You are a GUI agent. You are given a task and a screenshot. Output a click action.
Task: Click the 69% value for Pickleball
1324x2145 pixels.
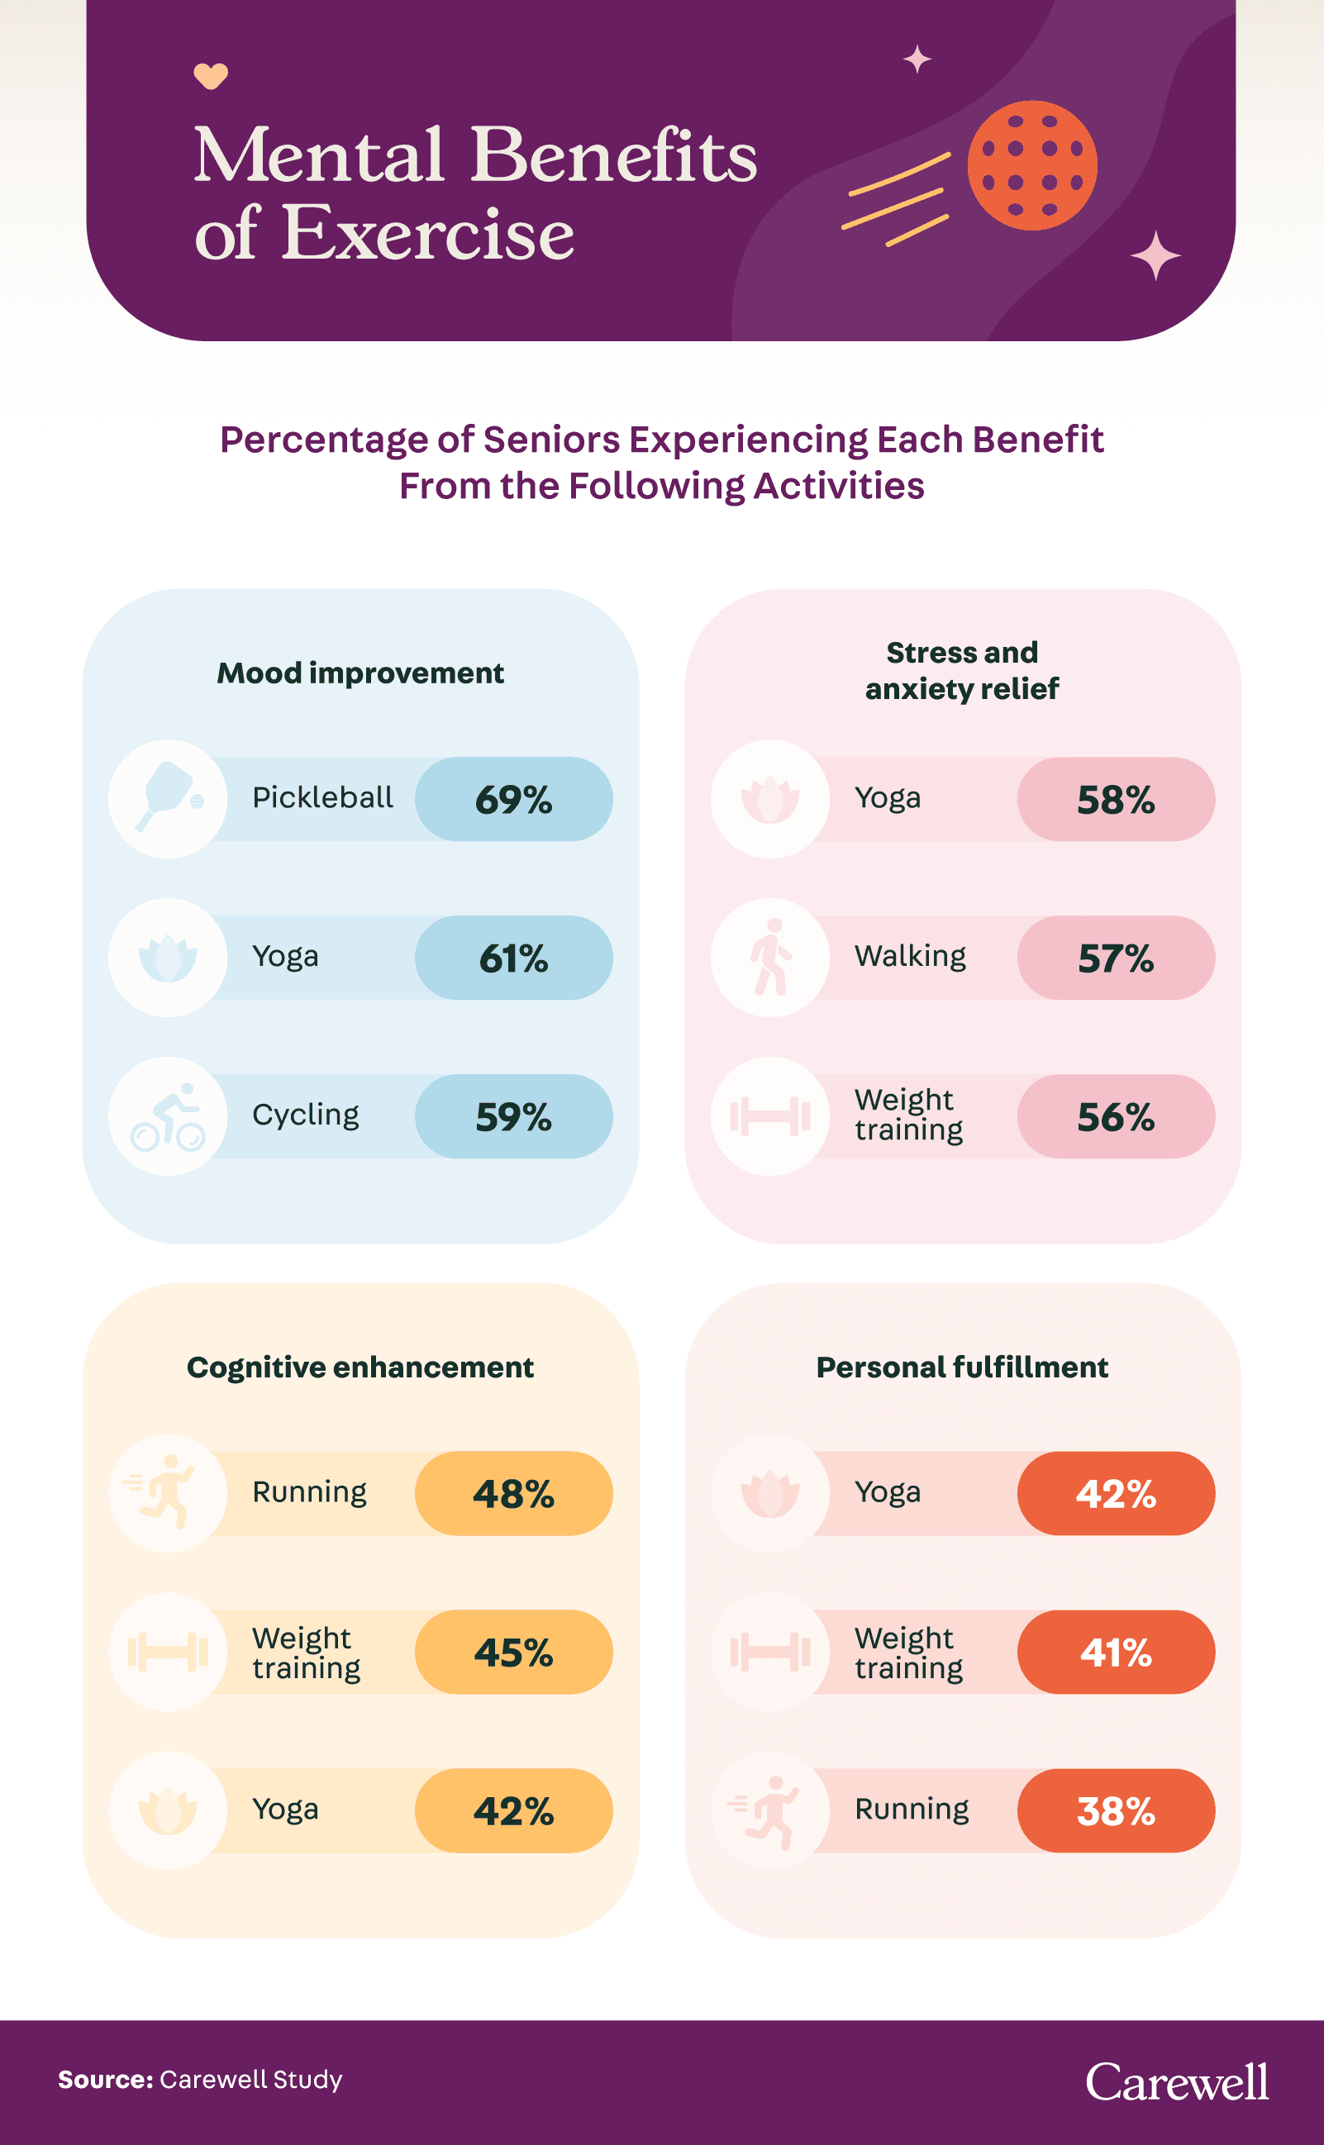(x=513, y=799)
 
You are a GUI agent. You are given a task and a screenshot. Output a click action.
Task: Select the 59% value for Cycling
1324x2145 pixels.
(x=513, y=1116)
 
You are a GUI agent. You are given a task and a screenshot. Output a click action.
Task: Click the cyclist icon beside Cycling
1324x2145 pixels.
(x=167, y=1116)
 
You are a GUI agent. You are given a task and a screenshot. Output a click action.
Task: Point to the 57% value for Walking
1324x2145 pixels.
(x=1116, y=958)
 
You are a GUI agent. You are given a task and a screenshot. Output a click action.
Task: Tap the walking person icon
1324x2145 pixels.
(x=770, y=957)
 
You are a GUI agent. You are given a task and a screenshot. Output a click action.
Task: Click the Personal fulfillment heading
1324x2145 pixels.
(x=961, y=1367)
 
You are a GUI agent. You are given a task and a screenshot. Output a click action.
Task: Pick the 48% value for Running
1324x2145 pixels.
(x=513, y=1494)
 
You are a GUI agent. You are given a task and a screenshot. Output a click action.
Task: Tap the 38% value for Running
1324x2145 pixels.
(x=1116, y=1810)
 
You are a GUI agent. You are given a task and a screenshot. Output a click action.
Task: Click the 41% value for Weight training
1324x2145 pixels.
(x=1116, y=1652)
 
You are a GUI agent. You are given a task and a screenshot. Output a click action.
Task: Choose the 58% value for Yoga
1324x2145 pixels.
(x=1116, y=799)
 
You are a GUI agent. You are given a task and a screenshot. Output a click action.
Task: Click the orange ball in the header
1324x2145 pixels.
(x=1031, y=165)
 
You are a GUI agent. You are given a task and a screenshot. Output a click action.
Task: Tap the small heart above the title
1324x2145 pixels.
(x=210, y=76)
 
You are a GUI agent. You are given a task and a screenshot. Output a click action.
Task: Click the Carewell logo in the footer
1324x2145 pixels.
(x=1177, y=2082)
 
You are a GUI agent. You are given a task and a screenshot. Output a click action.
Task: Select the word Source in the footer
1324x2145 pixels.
(x=105, y=2080)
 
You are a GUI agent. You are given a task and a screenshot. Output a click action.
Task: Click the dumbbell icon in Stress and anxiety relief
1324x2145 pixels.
(x=770, y=1116)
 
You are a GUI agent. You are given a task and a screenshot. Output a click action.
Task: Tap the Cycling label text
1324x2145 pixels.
(x=306, y=1115)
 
